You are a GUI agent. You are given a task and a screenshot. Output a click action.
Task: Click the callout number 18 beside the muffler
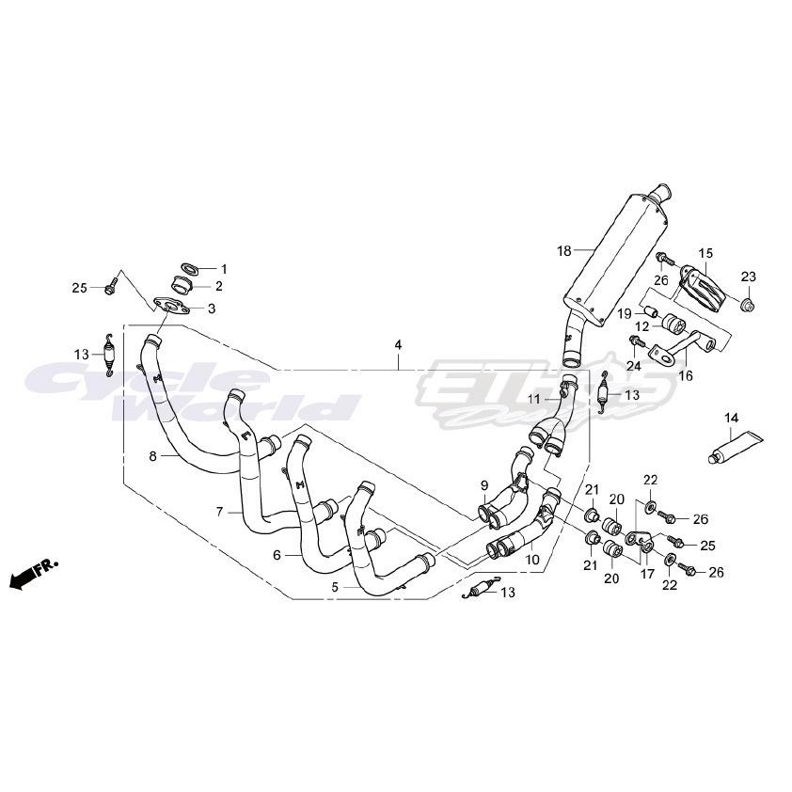click(564, 250)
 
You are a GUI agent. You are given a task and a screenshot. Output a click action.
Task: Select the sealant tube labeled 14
click(738, 446)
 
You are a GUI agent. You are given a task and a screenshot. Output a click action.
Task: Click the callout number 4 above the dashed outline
click(398, 346)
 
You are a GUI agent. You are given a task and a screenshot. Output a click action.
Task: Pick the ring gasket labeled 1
click(187, 268)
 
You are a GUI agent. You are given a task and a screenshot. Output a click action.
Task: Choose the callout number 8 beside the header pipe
click(152, 456)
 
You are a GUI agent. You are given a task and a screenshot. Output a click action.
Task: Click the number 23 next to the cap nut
click(748, 277)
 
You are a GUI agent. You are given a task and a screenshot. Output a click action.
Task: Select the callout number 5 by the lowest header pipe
click(335, 585)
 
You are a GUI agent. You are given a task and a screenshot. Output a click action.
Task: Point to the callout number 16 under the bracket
click(685, 375)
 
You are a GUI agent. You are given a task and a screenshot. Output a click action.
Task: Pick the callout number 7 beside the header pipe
click(220, 512)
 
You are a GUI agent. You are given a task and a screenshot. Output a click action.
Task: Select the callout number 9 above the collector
click(484, 485)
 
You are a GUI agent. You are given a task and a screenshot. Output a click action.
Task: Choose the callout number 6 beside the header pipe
click(277, 555)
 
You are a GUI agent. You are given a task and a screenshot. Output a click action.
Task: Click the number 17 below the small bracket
click(647, 574)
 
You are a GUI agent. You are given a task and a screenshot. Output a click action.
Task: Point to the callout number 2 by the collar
click(218, 286)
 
